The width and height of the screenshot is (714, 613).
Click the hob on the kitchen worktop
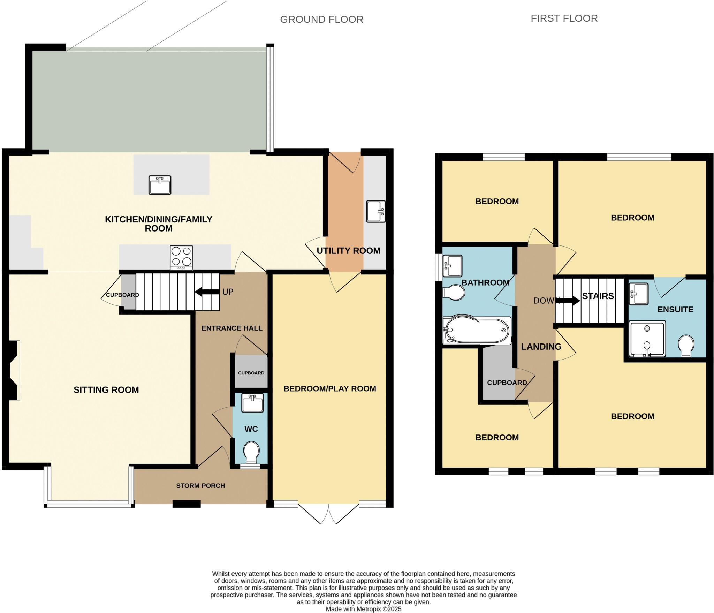coord(181,257)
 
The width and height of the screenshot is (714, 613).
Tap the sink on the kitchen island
coord(160,185)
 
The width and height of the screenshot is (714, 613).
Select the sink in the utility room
coord(375,211)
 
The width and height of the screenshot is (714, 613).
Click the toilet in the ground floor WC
coord(251,452)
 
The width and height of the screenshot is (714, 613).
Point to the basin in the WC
coord(252,403)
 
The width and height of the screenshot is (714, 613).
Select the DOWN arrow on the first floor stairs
coord(569,301)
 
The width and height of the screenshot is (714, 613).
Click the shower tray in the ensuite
coord(647,339)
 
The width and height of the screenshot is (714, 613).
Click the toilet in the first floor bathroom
coord(454,293)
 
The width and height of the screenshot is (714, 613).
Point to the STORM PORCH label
coord(200,485)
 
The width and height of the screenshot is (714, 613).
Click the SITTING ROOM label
coord(106,390)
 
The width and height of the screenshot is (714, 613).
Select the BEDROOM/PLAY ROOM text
coord(329,388)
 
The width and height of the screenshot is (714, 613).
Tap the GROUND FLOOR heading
coord(321,20)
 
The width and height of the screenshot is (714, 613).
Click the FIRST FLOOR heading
coord(564,18)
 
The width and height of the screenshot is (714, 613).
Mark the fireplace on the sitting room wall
coord(12,370)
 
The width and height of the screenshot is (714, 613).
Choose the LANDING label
coord(541,347)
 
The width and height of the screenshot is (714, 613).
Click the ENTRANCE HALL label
coord(231,328)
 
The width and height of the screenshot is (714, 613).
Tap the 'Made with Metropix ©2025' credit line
coord(363,609)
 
